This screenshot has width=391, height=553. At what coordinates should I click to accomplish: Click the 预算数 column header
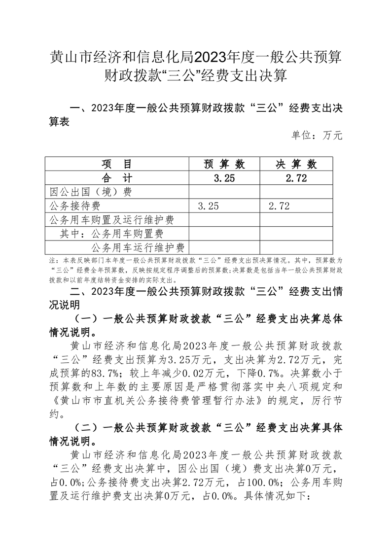pos(224,164)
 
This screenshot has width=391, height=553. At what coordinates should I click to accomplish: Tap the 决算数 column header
pos(296,164)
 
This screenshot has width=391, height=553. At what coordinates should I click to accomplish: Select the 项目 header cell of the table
pos(117,164)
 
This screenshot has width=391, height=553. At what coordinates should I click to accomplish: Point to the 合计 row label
pos(117,178)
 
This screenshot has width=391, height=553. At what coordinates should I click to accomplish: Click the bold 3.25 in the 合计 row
pos(224,178)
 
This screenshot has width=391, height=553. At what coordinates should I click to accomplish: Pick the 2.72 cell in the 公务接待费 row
pos(279,206)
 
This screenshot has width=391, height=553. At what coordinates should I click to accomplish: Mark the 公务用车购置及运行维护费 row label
pos(112,219)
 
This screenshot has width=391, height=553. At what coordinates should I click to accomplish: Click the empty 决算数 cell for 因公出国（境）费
pos(296,192)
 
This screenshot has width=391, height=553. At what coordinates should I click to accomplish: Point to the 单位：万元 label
pos(317,135)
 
